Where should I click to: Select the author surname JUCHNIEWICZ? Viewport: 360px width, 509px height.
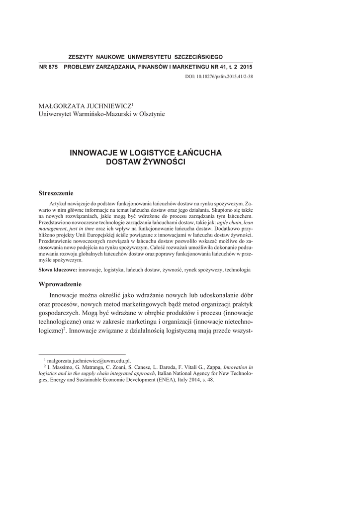[106, 106]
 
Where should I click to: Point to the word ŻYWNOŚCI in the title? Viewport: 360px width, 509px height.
[161, 162]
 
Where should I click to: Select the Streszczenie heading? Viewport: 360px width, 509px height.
[56, 193]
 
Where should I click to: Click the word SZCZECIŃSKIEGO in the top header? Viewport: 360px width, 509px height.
[196, 57]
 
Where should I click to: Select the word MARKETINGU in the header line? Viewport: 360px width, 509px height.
[183, 67]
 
